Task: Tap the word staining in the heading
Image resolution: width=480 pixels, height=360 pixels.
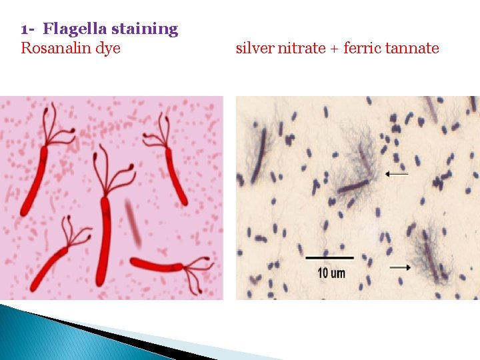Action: coord(145,29)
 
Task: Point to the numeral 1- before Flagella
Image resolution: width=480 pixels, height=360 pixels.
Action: coord(27,29)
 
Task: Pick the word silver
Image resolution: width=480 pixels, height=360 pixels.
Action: coord(253,48)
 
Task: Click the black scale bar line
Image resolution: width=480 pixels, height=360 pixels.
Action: coord(329,257)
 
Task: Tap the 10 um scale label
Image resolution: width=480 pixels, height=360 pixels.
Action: coord(331,273)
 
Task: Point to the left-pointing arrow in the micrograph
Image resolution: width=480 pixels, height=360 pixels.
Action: coord(397,174)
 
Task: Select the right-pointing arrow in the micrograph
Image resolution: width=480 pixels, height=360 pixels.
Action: coord(399,267)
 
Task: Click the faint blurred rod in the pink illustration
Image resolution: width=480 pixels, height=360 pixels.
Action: coord(133,223)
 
